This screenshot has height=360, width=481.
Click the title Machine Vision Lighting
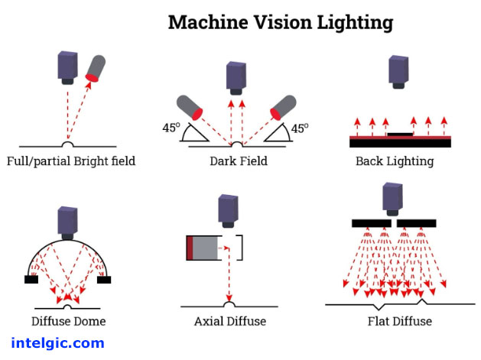[x=281, y=21]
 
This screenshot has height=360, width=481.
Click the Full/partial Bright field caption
[x=70, y=161]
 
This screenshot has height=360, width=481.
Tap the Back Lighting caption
[x=395, y=161]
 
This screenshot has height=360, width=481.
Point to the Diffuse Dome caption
[x=69, y=321]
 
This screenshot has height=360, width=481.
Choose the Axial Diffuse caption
[x=230, y=321]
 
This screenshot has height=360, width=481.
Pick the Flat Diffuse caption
[x=400, y=321]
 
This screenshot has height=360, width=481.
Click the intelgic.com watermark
[x=57, y=343]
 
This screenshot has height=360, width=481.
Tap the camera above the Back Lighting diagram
[x=398, y=71]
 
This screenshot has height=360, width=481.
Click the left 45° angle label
[x=171, y=128]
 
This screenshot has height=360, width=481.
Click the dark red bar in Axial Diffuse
[x=190, y=248]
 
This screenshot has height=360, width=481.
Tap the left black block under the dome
[x=31, y=279]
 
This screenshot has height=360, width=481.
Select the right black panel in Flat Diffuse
[x=417, y=223]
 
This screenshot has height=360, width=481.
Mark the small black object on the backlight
[x=400, y=135]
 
